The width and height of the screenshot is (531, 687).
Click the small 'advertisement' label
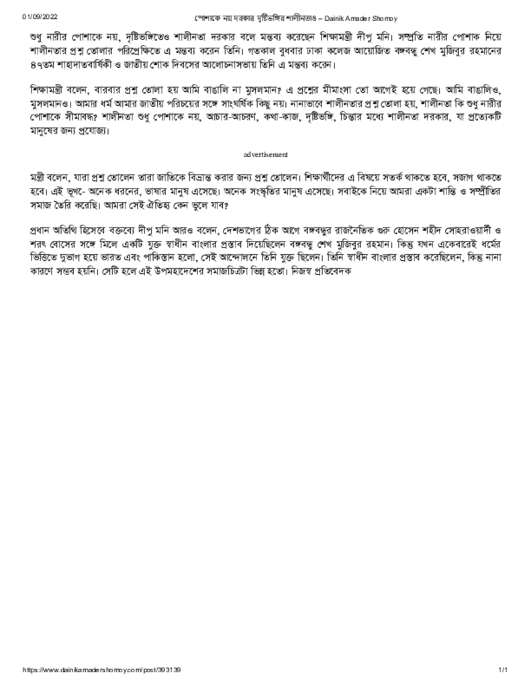266,155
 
